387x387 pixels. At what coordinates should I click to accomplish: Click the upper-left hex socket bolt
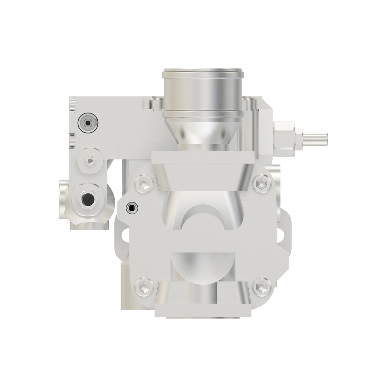click(143, 184)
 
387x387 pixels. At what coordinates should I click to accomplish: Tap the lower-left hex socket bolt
click(143, 286)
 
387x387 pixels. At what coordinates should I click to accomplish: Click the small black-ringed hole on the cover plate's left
click(131, 208)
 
